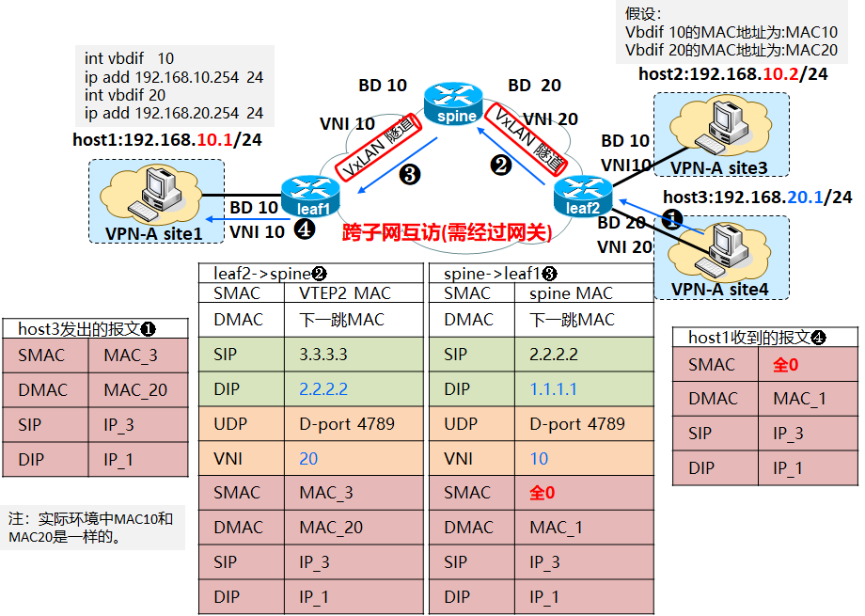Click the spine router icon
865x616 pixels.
(x=452, y=101)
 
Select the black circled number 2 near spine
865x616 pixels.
(x=501, y=165)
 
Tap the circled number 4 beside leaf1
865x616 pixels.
(x=303, y=228)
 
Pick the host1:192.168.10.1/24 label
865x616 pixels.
(x=167, y=140)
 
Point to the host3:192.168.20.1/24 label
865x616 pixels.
(x=758, y=197)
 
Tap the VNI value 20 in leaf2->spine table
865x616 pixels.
(x=309, y=458)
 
